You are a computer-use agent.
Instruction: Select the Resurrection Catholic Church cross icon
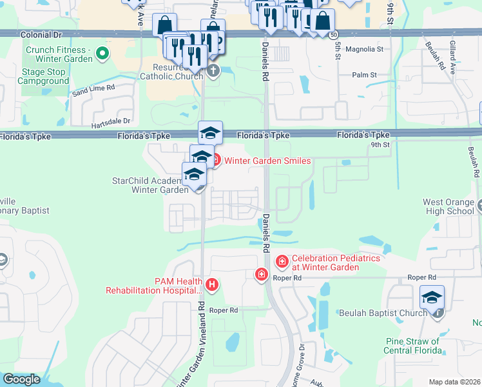213,70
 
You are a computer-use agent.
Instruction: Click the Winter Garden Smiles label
267,161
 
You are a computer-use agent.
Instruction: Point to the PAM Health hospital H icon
213,284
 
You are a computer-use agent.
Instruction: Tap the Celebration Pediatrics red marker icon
282,261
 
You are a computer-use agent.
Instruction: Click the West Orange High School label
448,206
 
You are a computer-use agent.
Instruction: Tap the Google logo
21,379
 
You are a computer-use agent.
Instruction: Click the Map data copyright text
455,382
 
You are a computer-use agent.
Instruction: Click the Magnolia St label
365,48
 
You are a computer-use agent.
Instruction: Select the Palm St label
364,75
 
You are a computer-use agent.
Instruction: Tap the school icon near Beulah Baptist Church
432,297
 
